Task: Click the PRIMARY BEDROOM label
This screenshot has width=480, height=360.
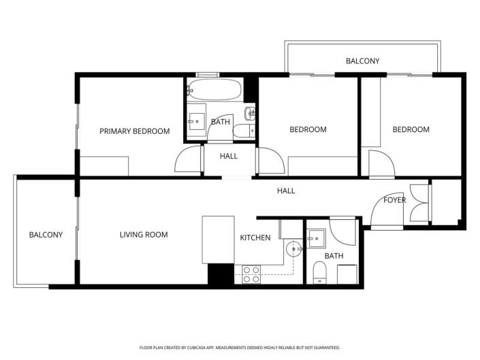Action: [x=134, y=131]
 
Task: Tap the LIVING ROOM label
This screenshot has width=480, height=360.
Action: [x=144, y=235]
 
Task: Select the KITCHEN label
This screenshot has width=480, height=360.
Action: [x=255, y=238]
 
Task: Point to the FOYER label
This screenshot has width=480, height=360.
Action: [x=395, y=200]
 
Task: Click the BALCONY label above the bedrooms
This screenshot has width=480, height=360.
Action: [x=362, y=61]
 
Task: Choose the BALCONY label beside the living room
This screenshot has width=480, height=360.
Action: [x=46, y=235]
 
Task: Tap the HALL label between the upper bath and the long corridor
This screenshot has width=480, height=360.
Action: [x=229, y=156]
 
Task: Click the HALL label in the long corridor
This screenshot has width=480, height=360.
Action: [x=286, y=191]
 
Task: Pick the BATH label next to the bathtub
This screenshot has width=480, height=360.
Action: [x=220, y=122]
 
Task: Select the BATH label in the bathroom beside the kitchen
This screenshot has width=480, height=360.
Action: [x=334, y=256]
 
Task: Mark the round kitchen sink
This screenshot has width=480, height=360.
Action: [x=293, y=249]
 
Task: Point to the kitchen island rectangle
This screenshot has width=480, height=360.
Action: [x=218, y=240]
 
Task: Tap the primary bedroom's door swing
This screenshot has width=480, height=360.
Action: [x=189, y=161]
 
